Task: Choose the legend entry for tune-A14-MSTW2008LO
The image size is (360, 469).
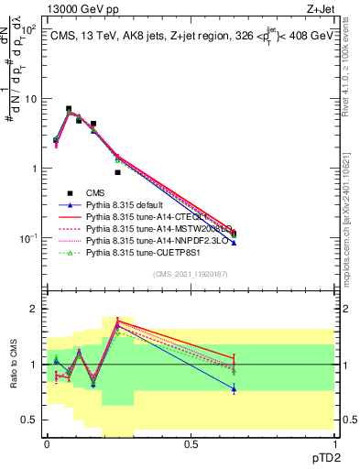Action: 161,228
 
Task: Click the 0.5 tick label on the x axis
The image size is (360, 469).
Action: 191,442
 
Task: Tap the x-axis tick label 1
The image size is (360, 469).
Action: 334,442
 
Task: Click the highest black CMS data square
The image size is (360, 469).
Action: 69,109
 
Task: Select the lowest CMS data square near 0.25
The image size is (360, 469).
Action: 117,172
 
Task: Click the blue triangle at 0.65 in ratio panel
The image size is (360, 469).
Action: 234,389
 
